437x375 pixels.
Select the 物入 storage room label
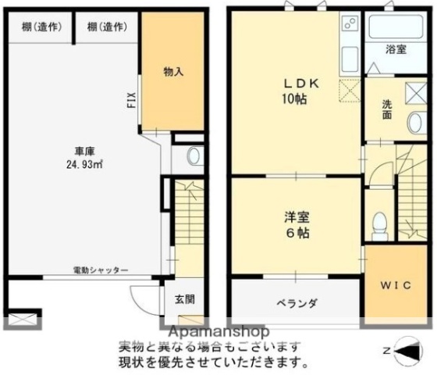click(173, 72)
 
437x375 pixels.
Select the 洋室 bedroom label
click(297, 216)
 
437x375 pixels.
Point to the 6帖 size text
click(297, 233)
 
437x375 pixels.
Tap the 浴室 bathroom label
click(396, 49)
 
